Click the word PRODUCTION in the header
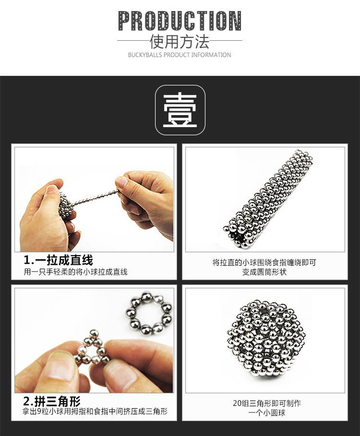(x=180, y=21)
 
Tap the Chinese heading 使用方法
(x=180, y=42)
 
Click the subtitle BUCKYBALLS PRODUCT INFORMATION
(x=180, y=55)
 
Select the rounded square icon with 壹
(x=180, y=110)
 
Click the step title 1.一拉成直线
(x=58, y=260)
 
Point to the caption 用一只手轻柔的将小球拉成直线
(x=76, y=271)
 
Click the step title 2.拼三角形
(x=52, y=401)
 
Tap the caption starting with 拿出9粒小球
(x=95, y=411)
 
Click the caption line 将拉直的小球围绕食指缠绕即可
(x=264, y=262)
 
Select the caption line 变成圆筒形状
(x=264, y=271)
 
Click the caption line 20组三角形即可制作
(x=267, y=403)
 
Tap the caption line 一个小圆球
(x=267, y=412)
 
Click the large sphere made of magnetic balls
(x=264, y=339)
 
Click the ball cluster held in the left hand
(x=66, y=205)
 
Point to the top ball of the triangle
(x=94, y=334)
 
